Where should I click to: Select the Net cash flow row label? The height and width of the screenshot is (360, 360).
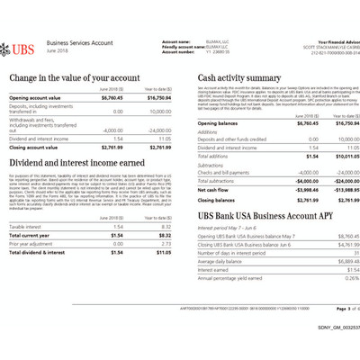pyautogui.click(x=214, y=190)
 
